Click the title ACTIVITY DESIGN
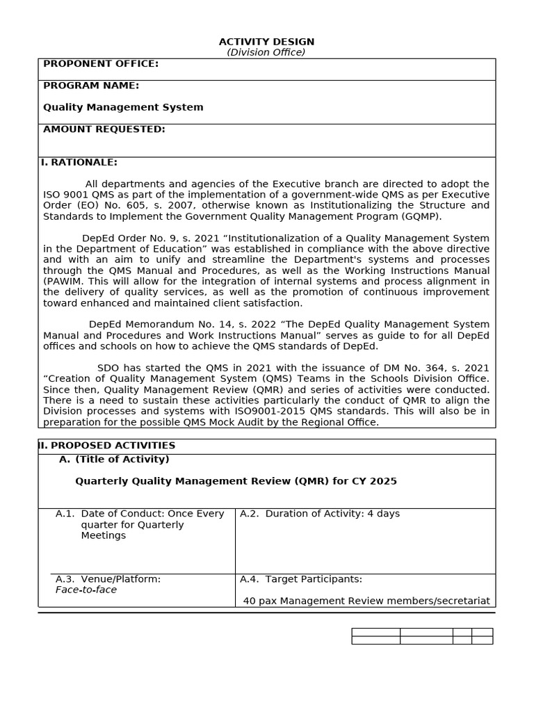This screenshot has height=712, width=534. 266,42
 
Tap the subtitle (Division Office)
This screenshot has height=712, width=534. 266,52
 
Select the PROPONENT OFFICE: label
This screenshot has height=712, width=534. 101,64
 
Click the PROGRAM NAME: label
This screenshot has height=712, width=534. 91,86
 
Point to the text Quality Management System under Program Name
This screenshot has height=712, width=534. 123,107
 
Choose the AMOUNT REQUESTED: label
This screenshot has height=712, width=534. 104,129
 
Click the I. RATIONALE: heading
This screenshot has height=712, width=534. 79,163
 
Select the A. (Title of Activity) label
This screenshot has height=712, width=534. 114,460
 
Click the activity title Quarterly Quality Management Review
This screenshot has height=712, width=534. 236,481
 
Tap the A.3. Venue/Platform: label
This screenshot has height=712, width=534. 108,579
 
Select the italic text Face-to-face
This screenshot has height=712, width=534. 86,590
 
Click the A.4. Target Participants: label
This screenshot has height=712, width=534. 301,579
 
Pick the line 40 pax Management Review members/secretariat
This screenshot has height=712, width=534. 366,601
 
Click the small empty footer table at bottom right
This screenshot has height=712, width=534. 422,636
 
